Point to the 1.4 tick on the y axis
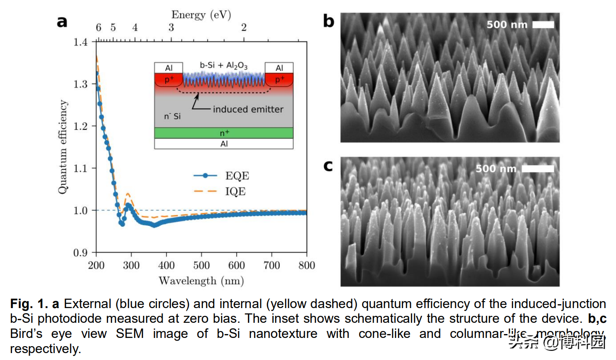click(80, 42)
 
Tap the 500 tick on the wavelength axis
click(201, 264)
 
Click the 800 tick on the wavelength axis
click(306, 264)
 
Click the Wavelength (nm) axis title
click(201, 280)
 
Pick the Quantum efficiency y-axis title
click(64, 147)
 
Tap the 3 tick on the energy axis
click(171, 28)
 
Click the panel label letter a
click(62, 22)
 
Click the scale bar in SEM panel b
click(543, 25)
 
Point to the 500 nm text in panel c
click(496, 168)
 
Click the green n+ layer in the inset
click(224, 133)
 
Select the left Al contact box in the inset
click(169, 68)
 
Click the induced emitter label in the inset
click(248, 109)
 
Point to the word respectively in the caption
click(45, 348)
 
